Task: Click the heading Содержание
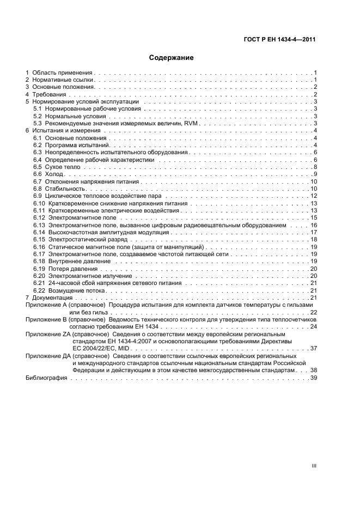[171, 57]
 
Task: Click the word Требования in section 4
[49, 94]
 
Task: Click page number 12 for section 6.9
[314, 196]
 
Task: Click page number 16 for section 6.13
[314, 225]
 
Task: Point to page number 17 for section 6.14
[314, 232]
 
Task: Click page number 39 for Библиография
[314, 377]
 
